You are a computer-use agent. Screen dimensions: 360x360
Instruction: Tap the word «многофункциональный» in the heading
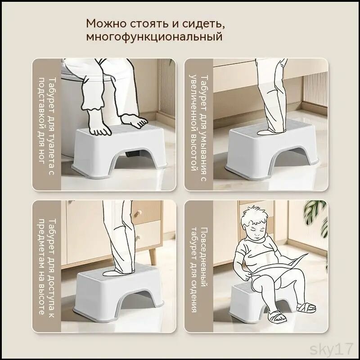[x=154, y=37]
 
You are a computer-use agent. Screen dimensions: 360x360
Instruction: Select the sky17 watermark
[x=331, y=350]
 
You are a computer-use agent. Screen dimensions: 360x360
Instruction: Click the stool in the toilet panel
[x=120, y=151]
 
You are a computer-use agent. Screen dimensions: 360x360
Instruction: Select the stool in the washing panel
[x=272, y=149]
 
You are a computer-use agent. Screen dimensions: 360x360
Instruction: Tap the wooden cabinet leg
[x=153, y=256]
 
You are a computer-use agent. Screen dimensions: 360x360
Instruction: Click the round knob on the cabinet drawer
[x=138, y=213]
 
